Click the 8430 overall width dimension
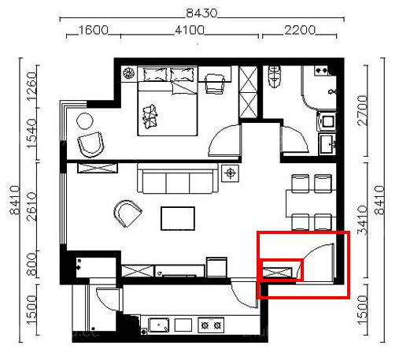click(x=201, y=13)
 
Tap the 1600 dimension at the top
click(x=94, y=30)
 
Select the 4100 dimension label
click(x=190, y=30)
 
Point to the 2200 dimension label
click(x=300, y=30)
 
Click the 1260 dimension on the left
click(x=31, y=86)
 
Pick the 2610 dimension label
click(x=31, y=206)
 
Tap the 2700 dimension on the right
click(x=362, y=110)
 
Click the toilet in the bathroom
click(x=275, y=76)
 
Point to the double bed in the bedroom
click(x=168, y=102)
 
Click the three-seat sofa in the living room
click(x=178, y=178)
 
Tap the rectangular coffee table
click(x=178, y=218)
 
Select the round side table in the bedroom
click(x=85, y=121)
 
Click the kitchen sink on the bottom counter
click(x=159, y=325)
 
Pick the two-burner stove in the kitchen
click(x=211, y=325)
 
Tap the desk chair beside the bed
click(x=215, y=84)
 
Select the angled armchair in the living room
click(x=127, y=213)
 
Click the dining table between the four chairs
click(x=310, y=203)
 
